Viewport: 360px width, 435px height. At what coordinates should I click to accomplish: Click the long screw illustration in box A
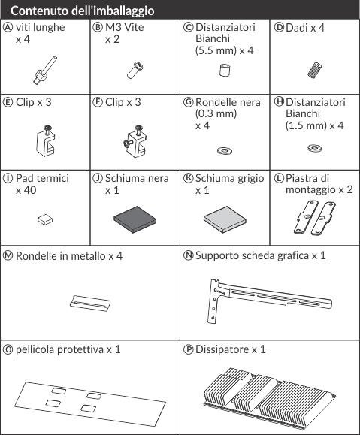[44, 70]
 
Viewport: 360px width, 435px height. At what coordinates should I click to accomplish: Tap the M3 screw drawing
[135, 70]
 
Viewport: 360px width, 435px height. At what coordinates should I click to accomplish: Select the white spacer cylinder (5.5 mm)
[225, 70]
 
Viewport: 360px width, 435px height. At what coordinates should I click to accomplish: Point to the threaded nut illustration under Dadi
[314, 70]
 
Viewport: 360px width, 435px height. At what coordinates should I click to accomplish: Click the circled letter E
[8, 102]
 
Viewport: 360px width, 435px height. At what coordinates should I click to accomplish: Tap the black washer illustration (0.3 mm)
[225, 151]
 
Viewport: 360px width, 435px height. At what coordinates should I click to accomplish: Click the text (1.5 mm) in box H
[306, 125]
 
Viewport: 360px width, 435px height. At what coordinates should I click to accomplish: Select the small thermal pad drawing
[45, 219]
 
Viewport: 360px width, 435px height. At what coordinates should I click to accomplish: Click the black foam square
[135, 219]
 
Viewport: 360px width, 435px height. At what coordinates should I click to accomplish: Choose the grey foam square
[225, 219]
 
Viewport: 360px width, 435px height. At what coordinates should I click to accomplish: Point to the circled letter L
[279, 178]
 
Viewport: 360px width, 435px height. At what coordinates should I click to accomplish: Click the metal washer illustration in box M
[90, 304]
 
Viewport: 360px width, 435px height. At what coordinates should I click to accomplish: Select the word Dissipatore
[222, 349]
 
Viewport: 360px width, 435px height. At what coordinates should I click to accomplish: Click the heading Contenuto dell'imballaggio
[82, 11]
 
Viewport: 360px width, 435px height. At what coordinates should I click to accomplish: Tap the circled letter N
[189, 255]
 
